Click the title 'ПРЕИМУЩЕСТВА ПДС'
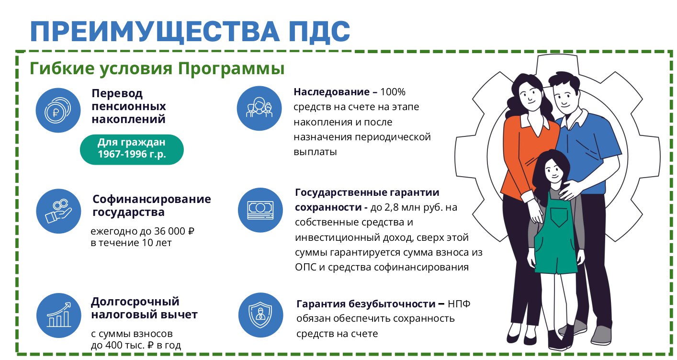(190, 32)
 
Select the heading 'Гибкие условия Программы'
(157, 68)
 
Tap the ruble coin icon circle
(58, 110)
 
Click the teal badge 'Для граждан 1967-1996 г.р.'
(132, 150)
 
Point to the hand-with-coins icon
(58, 211)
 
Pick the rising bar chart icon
(58, 315)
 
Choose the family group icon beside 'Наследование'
(260, 108)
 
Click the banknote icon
(260, 210)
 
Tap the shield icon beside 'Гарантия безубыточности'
(260, 315)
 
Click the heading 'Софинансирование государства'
(152, 205)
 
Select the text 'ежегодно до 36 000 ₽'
(142, 231)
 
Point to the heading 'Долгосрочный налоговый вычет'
(144, 308)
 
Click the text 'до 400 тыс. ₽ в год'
(136, 345)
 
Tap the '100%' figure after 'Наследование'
(393, 92)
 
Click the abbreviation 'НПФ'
(459, 304)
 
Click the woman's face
(530, 94)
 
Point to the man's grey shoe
(602, 335)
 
